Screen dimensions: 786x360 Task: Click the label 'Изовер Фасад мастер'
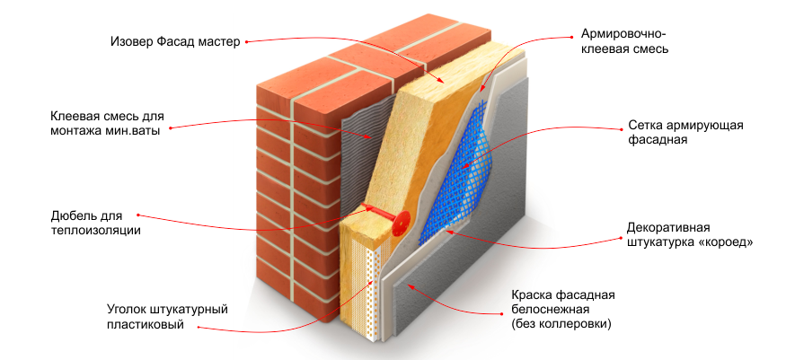[175, 41]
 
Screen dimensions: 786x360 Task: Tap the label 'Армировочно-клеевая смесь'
[624, 42]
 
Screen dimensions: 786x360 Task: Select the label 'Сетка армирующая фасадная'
[685, 133]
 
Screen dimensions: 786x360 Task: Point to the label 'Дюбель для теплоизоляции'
[96, 224]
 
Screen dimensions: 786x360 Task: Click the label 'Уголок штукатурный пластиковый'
[167, 316]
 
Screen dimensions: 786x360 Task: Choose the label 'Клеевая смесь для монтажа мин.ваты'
[107, 124]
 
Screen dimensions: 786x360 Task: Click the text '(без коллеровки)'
[561, 324]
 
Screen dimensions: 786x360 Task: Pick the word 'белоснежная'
[549, 309]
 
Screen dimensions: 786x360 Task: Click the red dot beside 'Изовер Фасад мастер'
[247, 42]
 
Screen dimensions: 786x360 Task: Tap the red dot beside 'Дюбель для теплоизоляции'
[137, 215]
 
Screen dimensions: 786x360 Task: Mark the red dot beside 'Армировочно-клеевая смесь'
[571, 36]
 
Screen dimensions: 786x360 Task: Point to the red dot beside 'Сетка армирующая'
[619, 128]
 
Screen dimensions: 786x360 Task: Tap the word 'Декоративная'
[668, 228]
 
